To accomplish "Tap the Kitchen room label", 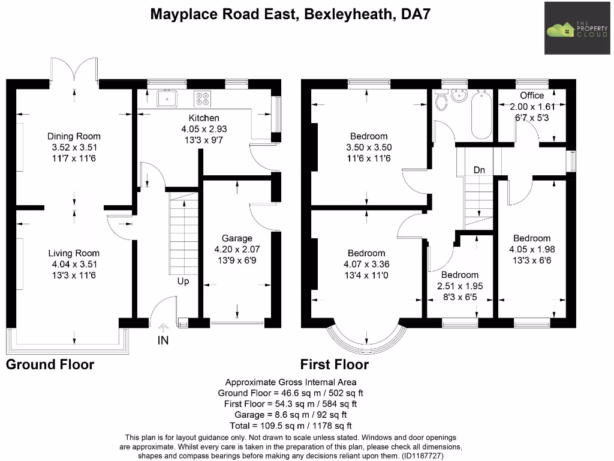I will point(204,118).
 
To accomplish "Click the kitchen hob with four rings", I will point(201,98).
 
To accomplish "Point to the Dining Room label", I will point(74,136).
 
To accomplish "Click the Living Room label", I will point(74,253).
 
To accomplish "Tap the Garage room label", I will point(237,238).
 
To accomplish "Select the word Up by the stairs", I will point(183,281).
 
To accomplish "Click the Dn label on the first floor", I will point(479,170).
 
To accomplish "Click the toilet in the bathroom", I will point(442,101).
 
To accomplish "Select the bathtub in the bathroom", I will point(481,115).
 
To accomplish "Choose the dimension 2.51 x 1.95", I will point(460,286).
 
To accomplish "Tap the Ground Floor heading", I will point(50,364).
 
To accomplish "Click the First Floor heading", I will point(335,364).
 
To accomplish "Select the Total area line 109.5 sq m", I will point(290,426).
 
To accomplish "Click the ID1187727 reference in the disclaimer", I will point(427,456).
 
